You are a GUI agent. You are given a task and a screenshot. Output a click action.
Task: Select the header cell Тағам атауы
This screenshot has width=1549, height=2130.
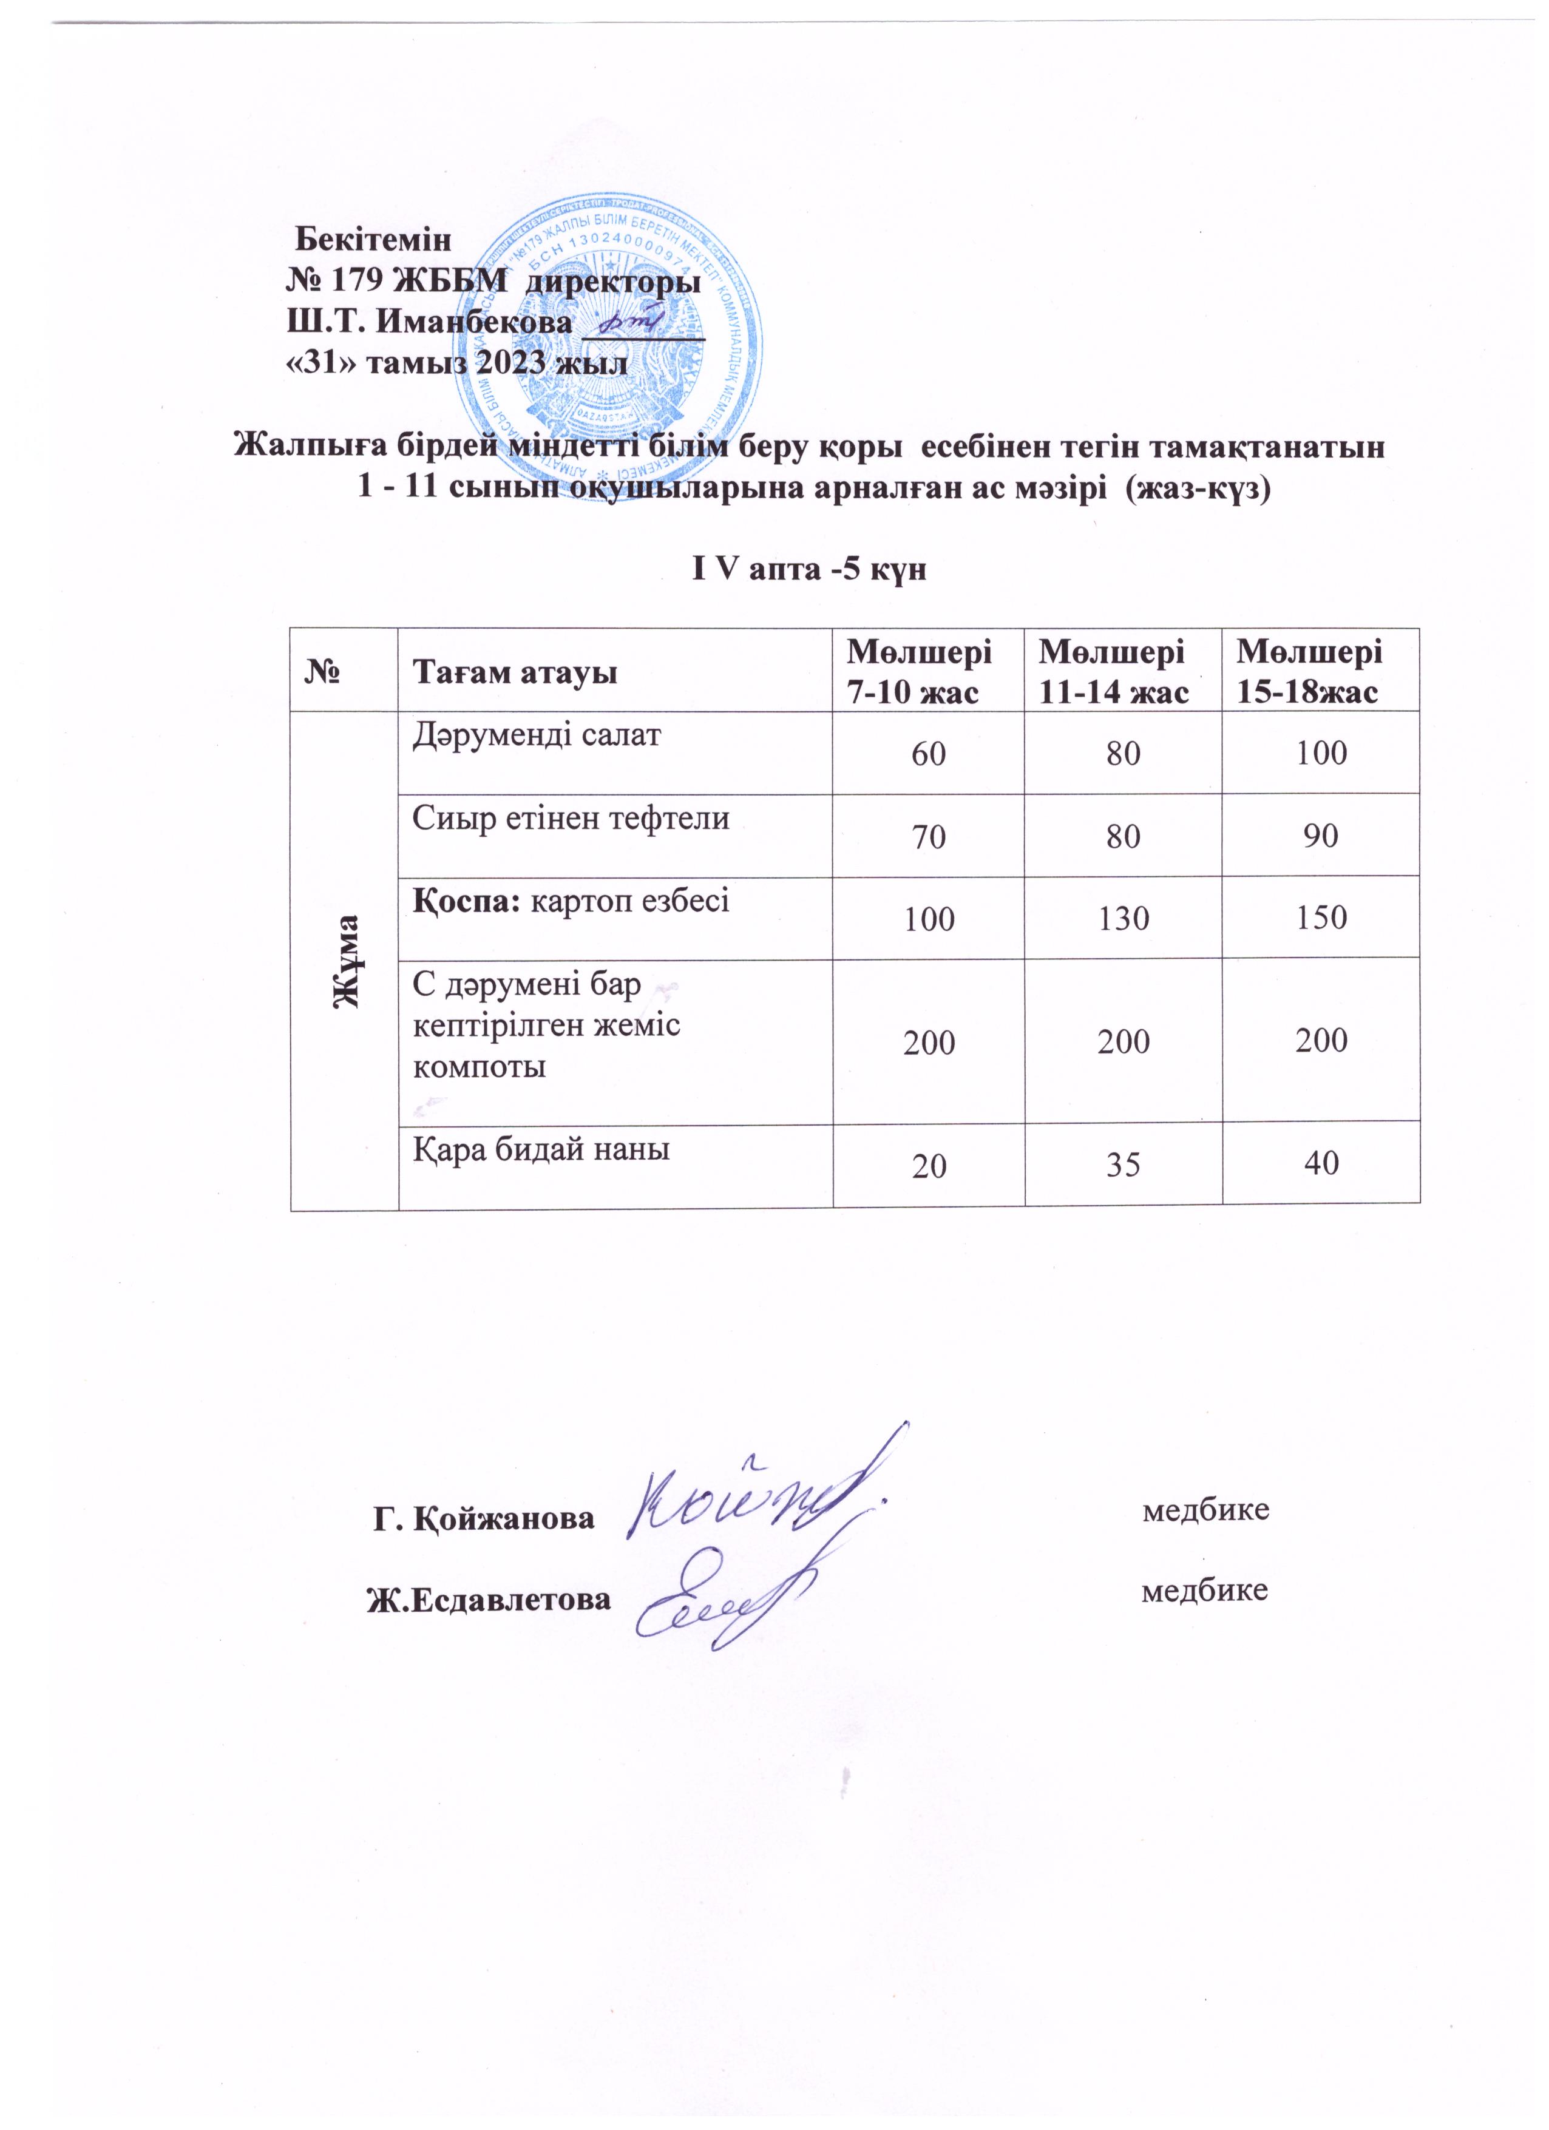515,672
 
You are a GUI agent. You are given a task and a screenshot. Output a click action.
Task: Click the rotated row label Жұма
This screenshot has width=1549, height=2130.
348,960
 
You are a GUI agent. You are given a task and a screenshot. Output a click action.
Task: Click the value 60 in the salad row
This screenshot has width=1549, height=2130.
928,753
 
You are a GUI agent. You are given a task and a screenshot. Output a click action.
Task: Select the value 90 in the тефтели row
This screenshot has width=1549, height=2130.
1321,836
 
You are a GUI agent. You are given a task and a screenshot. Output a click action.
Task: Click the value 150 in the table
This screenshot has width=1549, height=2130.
1321,918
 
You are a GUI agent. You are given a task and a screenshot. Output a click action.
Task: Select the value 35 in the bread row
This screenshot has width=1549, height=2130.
1124,1166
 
